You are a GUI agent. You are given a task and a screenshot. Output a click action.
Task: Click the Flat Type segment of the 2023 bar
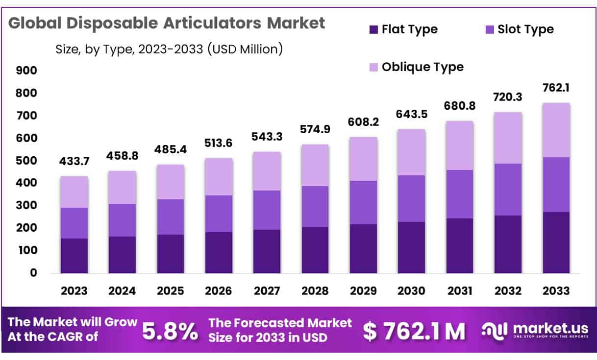[74, 256]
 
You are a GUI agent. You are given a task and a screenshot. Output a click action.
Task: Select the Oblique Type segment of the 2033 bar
[556, 130]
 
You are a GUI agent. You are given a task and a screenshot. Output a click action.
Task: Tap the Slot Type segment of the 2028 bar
[315, 207]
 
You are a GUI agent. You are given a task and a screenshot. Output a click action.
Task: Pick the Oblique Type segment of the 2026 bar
[219, 177]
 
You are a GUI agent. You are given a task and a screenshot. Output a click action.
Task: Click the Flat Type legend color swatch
[373, 30]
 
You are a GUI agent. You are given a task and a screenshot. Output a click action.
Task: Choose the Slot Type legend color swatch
[489, 30]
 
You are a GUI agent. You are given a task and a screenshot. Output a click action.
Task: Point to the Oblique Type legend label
[423, 67]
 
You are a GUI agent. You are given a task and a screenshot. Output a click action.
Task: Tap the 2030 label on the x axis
[411, 291]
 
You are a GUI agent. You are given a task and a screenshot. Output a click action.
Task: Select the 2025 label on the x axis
[171, 291]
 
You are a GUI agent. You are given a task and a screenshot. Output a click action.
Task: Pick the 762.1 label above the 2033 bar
[556, 89]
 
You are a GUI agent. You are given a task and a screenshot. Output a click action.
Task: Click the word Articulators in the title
[214, 23]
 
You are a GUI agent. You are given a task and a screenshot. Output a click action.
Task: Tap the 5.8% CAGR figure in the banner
[170, 332]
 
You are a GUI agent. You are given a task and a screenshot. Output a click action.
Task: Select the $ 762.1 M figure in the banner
[414, 332]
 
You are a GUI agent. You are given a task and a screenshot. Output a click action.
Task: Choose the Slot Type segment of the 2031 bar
[459, 194]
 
